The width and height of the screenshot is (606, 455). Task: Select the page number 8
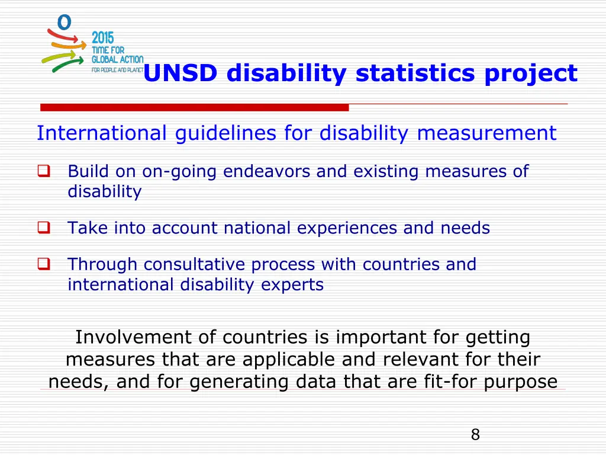click(475, 435)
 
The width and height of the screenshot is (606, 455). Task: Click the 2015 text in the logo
click(103, 37)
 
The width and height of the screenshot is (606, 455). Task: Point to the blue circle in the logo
click(64, 22)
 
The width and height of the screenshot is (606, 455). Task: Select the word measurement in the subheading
click(486, 133)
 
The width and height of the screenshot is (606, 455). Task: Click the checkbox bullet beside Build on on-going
click(43, 172)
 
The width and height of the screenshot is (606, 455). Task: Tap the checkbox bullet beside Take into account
click(43, 227)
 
